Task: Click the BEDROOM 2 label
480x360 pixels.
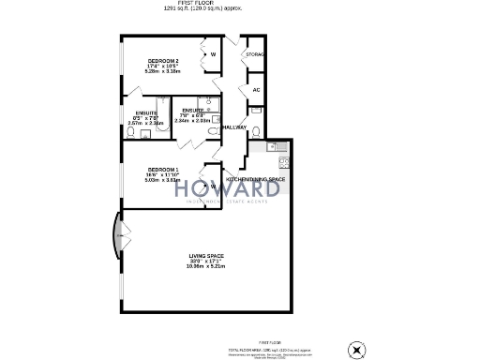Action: [162, 62]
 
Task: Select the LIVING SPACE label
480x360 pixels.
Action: [206, 256]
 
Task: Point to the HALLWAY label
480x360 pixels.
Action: [233, 127]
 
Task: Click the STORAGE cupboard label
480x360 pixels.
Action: [255, 55]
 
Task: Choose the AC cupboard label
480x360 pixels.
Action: [255, 89]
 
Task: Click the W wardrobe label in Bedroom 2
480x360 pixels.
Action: [213, 54]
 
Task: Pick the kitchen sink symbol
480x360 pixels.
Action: [275, 146]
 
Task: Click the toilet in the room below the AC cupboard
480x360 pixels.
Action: [255, 129]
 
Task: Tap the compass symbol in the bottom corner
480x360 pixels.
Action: [355, 349]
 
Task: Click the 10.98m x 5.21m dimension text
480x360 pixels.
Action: [206, 267]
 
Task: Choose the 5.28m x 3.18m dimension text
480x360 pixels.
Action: [162, 71]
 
